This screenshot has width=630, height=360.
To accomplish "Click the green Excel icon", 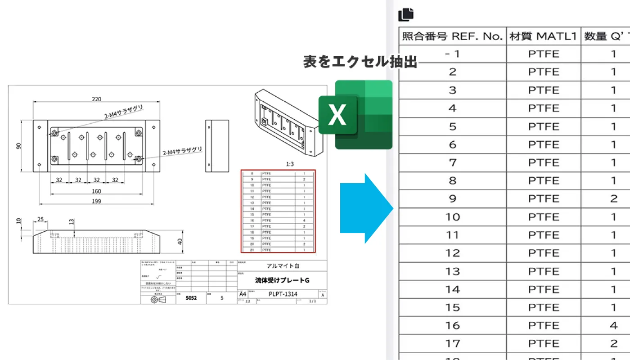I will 355,114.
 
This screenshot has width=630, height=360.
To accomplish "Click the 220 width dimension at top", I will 96,99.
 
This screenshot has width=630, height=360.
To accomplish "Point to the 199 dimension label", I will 96,201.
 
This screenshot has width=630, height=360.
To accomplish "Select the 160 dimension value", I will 96,191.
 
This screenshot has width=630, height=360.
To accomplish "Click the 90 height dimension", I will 19,146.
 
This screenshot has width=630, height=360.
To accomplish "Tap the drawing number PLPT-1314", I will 283,294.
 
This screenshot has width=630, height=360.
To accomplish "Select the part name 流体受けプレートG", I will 282,280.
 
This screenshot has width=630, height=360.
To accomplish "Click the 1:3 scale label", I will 290,164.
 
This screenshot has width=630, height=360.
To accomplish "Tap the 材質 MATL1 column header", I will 543,36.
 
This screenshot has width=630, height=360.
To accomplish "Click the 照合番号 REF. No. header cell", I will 452,36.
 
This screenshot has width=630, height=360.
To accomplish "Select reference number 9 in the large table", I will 452,198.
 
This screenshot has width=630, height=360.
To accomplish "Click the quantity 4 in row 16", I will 614,325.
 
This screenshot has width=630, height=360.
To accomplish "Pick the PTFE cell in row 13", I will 544,271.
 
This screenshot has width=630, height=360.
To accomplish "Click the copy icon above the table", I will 405,14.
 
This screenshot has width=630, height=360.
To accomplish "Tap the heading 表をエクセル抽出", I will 360,62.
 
